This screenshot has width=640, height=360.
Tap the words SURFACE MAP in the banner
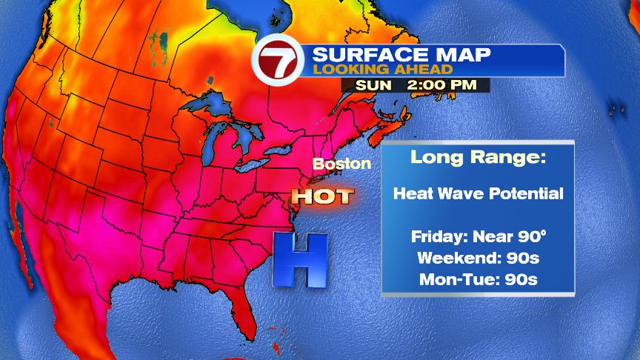392,56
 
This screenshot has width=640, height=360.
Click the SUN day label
374,85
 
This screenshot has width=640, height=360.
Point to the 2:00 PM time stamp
441,85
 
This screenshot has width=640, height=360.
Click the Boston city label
341,163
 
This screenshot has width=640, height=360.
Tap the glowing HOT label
321,196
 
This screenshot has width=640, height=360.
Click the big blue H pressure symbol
300,260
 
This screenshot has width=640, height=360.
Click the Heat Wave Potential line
479,194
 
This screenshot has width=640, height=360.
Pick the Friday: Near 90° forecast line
479,237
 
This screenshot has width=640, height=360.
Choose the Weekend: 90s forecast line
478,259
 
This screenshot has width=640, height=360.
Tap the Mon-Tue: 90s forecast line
478,279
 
